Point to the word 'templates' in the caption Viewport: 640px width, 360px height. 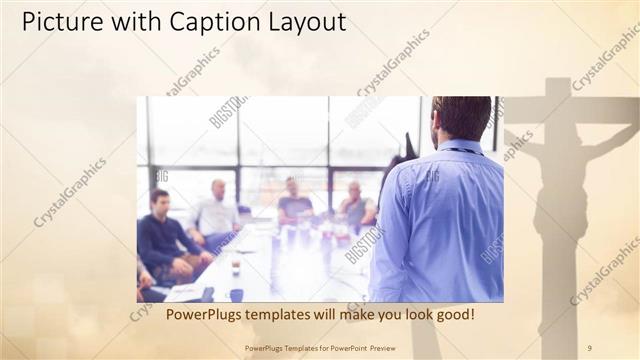click(x=288, y=314)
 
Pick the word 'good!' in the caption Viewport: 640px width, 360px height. click(x=451, y=314)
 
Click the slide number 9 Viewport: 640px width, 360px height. click(x=590, y=348)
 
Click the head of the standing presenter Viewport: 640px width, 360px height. click(x=461, y=118)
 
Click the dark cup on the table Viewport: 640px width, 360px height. click(x=236, y=293)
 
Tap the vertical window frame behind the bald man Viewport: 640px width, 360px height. click(x=239, y=140)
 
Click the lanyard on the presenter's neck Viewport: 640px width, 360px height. click(x=462, y=151)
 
